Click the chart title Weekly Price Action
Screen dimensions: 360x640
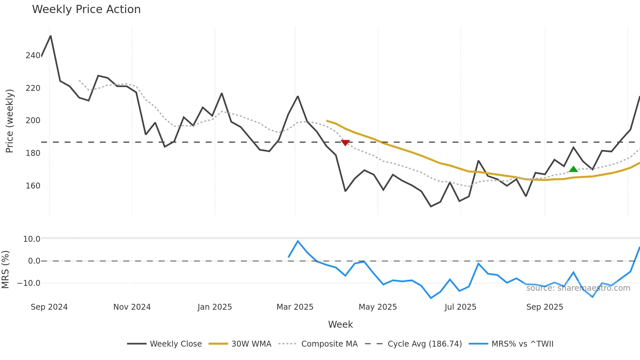pyautogui.click(x=86, y=9)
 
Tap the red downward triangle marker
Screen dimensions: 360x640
pyautogui.click(x=345, y=143)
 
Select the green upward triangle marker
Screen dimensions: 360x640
pyautogui.click(x=573, y=169)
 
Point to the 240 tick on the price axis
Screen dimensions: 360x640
pyautogui.click(x=33, y=56)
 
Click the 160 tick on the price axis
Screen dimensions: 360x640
pyautogui.click(x=33, y=186)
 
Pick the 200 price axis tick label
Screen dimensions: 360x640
pyautogui.click(x=33, y=121)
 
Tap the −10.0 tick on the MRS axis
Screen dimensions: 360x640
pyautogui.click(x=29, y=283)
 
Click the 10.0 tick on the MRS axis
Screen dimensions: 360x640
pyautogui.click(x=31, y=239)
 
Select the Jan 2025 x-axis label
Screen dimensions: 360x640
pyautogui.click(x=215, y=307)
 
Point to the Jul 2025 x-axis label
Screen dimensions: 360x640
pyautogui.click(x=460, y=307)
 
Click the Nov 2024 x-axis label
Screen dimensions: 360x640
pyautogui.click(x=132, y=307)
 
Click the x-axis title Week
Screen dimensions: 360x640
pyautogui.click(x=340, y=324)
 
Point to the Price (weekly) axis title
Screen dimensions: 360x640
pyautogui.click(x=9, y=121)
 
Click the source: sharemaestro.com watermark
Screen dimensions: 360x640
pyautogui.click(x=578, y=288)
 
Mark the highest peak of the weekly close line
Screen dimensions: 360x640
pyautogui.click(x=51, y=36)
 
